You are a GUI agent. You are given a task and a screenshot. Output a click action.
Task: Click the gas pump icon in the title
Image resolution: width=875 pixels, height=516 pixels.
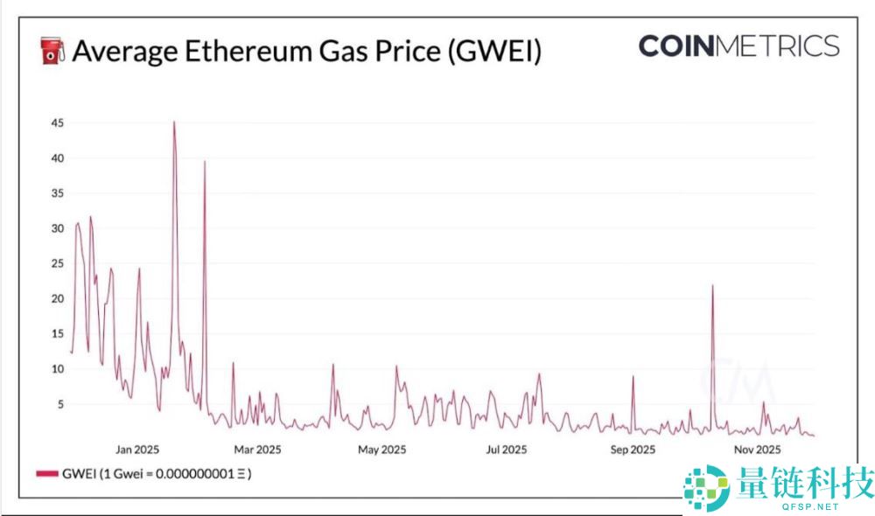pos(53,50)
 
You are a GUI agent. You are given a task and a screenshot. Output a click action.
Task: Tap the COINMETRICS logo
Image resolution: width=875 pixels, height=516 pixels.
pos(738,45)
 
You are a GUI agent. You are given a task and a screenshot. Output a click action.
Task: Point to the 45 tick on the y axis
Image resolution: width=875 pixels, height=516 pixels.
pos(57,123)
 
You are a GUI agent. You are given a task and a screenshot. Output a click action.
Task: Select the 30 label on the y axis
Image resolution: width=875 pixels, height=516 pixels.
pos(57,228)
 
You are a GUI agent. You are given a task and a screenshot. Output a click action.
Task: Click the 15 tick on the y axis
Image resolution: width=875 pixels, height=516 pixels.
pos(57,333)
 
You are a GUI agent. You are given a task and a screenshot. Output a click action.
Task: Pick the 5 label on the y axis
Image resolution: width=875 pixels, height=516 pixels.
pos(59,404)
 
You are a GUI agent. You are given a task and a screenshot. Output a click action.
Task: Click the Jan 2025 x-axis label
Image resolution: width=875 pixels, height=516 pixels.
pos(137,450)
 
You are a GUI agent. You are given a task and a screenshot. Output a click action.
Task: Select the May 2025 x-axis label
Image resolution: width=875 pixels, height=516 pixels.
pos(382,450)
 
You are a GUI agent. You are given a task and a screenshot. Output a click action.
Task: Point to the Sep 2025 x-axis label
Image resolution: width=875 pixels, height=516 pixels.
pos(632,450)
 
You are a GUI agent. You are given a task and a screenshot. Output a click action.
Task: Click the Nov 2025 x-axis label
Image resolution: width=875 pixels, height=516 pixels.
pos(757,450)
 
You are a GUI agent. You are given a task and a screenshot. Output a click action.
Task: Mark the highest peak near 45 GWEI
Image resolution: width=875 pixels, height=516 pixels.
pos(174,122)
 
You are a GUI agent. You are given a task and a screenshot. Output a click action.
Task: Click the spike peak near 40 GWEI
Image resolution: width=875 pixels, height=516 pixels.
pos(205,162)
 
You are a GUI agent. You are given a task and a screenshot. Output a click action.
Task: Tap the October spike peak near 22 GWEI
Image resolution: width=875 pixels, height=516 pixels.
pos(713,286)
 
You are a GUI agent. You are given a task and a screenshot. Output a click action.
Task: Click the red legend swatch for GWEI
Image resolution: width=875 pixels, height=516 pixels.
pos(47,473)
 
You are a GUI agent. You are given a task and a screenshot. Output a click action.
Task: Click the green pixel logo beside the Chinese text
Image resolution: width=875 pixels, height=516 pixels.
pos(705,485)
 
